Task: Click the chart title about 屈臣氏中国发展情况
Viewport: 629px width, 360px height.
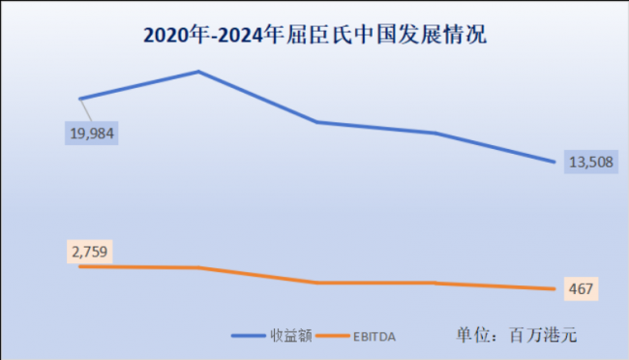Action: (x=314, y=36)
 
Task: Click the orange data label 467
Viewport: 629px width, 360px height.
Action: (x=581, y=288)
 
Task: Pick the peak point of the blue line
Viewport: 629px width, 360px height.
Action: (x=198, y=72)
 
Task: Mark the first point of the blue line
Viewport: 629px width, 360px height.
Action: (x=79, y=99)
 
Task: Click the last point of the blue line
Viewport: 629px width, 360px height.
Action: (x=555, y=162)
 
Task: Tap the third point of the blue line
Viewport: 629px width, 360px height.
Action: (x=317, y=122)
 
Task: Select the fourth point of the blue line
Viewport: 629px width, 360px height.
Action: (x=436, y=133)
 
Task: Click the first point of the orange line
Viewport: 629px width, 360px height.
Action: (x=79, y=266)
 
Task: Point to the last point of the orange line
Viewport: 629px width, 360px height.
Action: (x=555, y=288)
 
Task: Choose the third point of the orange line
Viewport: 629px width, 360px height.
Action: (x=317, y=283)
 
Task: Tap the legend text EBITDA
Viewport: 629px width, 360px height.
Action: (x=374, y=336)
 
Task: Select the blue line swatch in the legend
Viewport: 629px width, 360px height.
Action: (x=251, y=336)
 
